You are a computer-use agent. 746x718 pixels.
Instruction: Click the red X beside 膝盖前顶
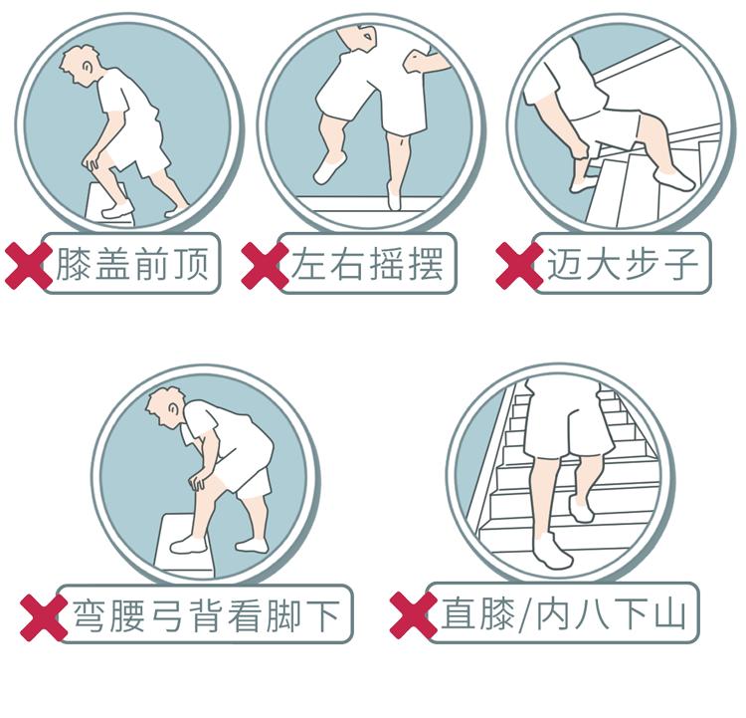29,266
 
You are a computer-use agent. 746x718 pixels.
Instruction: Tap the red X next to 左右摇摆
265,266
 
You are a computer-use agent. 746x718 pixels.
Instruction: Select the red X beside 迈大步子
519,266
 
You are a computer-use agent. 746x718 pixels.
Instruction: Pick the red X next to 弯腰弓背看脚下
45,616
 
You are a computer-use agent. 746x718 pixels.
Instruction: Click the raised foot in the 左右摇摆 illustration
327,169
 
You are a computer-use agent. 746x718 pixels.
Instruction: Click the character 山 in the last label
670,613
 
